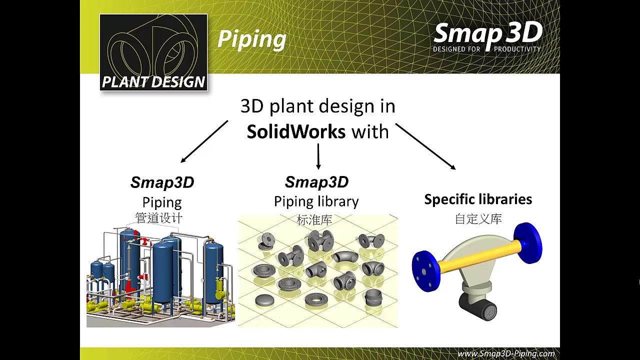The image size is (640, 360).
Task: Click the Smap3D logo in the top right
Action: (x=487, y=33)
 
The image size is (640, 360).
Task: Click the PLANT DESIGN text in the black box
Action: (x=153, y=82)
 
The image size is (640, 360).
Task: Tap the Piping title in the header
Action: (x=252, y=39)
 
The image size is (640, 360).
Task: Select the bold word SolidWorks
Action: (x=296, y=131)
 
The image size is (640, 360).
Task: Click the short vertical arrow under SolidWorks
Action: (x=318, y=156)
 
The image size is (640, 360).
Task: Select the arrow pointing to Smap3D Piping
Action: (x=204, y=141)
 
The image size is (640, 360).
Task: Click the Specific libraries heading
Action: (x=478, y=199)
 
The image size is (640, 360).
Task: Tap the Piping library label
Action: (x=316, y=201)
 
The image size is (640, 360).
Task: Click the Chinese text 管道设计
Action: (x=159, y=218)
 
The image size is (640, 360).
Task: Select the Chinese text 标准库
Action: (x=314, y=219)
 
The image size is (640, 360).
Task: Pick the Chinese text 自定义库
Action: (x=478, y=219)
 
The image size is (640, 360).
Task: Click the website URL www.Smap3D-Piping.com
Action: (x=506, y=353)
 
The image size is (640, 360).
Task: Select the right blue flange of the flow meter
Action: (x=529, y=243)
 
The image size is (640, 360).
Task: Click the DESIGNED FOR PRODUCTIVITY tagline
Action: (x=486, y=49)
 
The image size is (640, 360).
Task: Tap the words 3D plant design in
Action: (x=317, y=106)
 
